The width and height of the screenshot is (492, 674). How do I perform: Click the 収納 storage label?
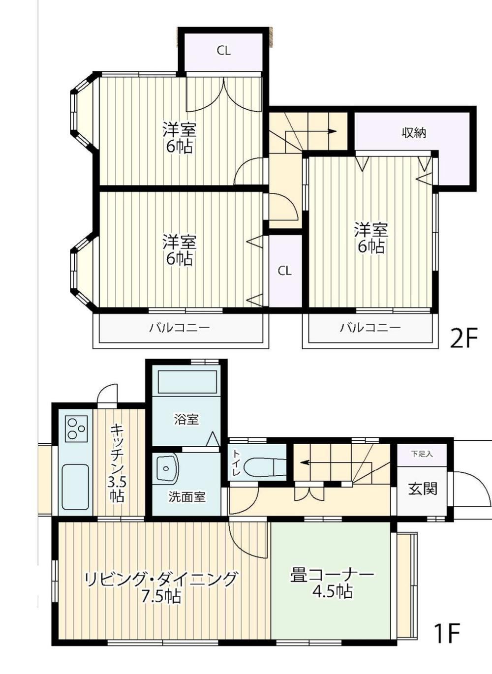(414, 133)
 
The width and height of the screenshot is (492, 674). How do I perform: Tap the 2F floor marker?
(464, 338)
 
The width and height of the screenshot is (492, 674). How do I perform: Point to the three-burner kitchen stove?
(76, 428)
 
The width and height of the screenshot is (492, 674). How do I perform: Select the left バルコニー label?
(180, 327)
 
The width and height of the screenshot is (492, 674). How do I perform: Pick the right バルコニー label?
(370, 327)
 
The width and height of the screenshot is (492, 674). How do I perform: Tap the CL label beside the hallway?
(284, 271)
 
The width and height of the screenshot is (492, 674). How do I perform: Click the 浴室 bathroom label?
(186, 420)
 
